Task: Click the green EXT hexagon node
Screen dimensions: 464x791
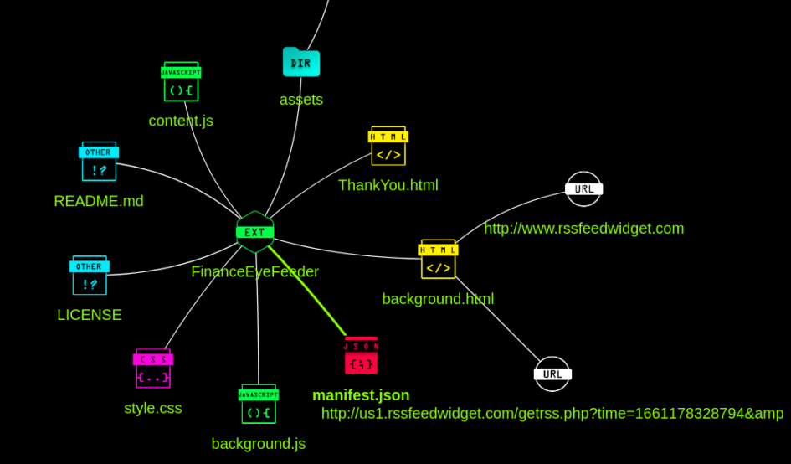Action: pyautogui.click(x=255, y=232)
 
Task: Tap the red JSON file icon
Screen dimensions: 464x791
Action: pyautogui.click(x=361, y=356)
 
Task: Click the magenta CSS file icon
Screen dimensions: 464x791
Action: pyautogui.click(x=153, y=369)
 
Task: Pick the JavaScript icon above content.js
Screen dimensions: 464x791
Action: pyautogui.click(x=181, y=82)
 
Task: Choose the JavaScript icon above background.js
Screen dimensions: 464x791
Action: pyautogui.click(x=259, y=404)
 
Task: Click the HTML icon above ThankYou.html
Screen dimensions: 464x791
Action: pyautogui.click(x=388, y=147)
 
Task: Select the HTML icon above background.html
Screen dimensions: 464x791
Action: pyautogui.click(x=438, y=260)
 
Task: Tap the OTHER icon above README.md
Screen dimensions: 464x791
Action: pyautogui.click(x=99, y=162)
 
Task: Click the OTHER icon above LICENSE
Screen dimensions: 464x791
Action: pyautogui.click(x=90, y=276)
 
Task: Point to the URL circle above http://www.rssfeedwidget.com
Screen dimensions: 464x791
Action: pyautogui.click(x=583, y=189)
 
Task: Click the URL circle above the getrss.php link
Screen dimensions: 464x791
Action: pyautogui.click(x=552, y=374)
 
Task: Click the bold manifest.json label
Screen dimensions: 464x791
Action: pyautogui.click(x=361, y=395)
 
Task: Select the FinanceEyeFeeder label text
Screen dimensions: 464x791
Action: pyautogui.click(x=254, y=271)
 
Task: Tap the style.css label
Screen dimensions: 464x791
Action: pyautogui.click(x=153, y=408)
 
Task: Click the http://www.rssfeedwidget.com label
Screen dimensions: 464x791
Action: pyautogui.click(x=583, y=229)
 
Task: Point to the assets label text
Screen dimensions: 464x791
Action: pyautogui.click(x=301, y=100)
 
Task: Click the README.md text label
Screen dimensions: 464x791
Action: pyautogui.click(x=99, y=201)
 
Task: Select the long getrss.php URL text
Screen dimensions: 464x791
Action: pyautogui.click(x=552, y=414)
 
